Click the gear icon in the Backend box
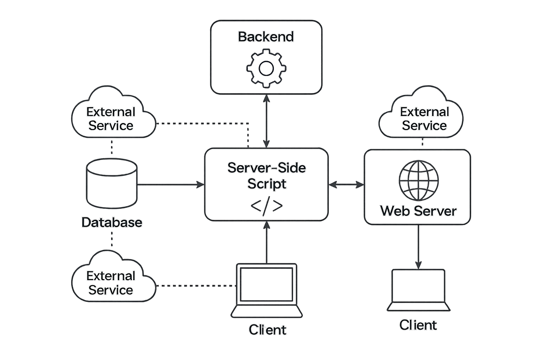pyautogui.click(x=266, y=68)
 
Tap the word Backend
pyautogui.click(x=266, y=37)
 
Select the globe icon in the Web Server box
pyautogui.click(x=418, y=180)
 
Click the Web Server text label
pyautogui.click(x=418, y=211)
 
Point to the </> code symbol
pyautogui.click(x=266, y=206)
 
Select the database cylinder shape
pyautogui.click(x=112, y=183)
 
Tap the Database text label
pyautogui.click(x=112, y=222)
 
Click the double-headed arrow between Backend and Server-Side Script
pyautogui.click(x=266, y=121)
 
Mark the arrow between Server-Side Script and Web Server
pyautogui.click(x=346, y=184)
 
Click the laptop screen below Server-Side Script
pyautogui.click(x=266, y=284)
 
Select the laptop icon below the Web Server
pyautogui.click(x=418, y=290)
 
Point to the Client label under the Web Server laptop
pyautogui.click(x=418, y=325)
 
